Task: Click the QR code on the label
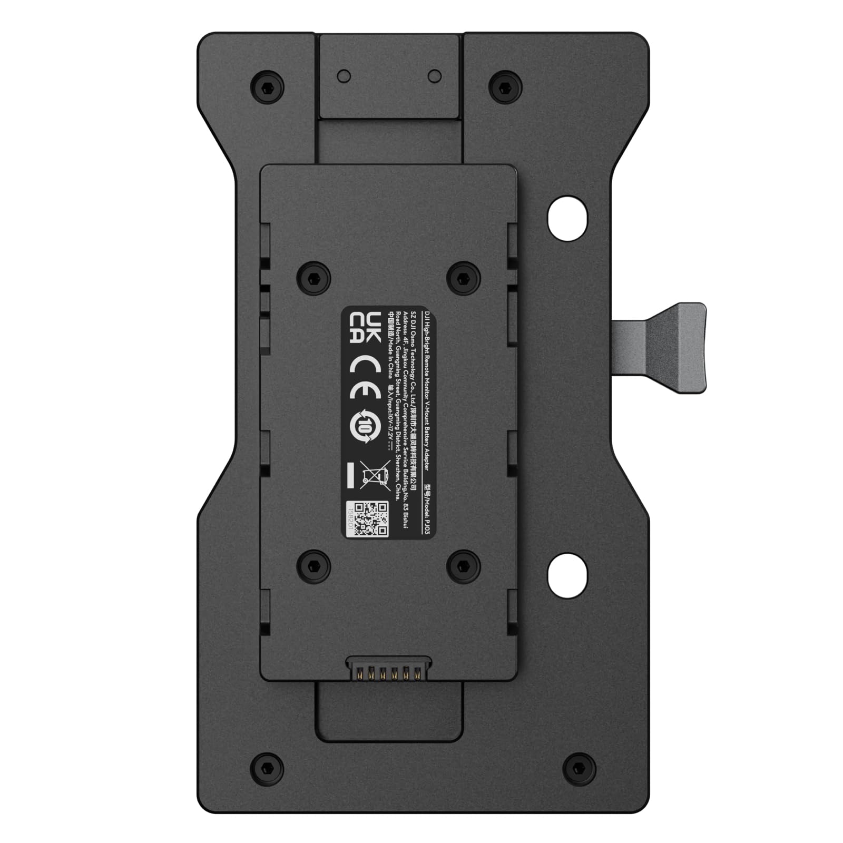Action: point(370,519)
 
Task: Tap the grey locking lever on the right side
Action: point(674,348)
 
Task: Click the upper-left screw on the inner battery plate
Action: point(314,276)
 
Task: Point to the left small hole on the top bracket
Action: point(345,75)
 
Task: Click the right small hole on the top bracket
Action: point(434,75)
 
